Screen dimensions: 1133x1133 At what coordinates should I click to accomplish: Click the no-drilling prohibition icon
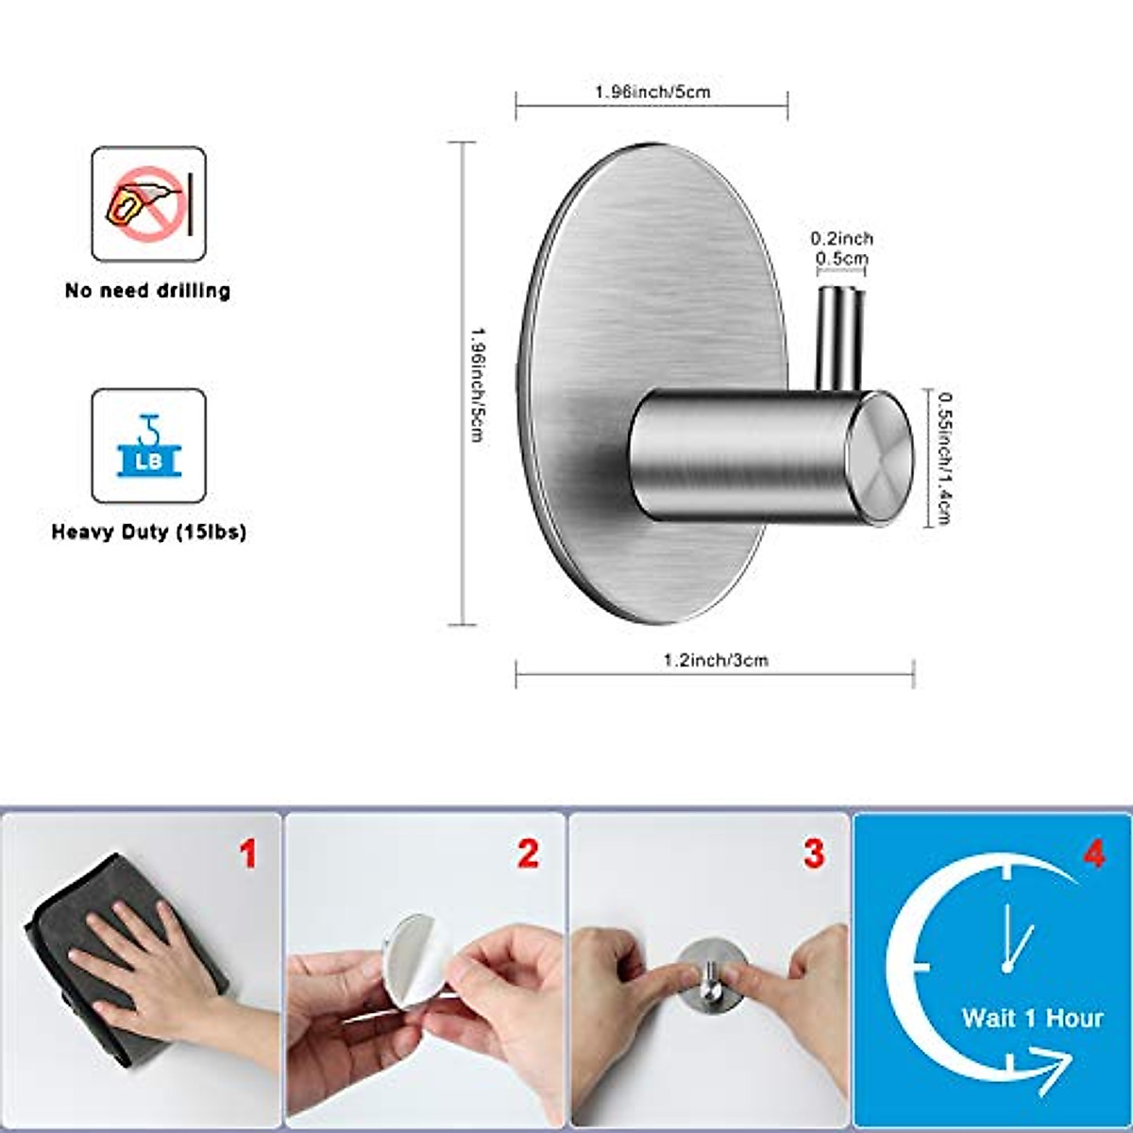point(148,204)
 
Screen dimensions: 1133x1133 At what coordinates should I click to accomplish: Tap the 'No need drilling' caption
point(148,291)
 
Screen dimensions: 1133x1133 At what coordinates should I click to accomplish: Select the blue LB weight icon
point(148,446)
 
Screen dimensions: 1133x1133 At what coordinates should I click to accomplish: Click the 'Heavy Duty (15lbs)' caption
point(148,533)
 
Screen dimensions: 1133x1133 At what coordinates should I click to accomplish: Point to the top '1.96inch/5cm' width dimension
point(651,92)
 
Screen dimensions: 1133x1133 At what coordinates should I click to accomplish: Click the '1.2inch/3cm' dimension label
point(716,660)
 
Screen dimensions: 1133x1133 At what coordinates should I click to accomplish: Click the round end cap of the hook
point(878,457)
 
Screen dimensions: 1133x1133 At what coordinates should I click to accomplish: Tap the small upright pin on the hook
point(838,334)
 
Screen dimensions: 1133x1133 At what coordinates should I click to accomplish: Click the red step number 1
point(247,854)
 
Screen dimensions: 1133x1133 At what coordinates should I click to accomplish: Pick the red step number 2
point(528,854)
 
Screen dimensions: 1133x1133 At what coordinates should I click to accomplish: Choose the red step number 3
point(813,854)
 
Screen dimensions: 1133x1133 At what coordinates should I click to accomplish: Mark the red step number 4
point(1092,854)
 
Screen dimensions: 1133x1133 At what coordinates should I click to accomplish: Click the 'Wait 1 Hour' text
point(1032,1018)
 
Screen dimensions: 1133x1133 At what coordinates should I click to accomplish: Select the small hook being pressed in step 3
point(710,982)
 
